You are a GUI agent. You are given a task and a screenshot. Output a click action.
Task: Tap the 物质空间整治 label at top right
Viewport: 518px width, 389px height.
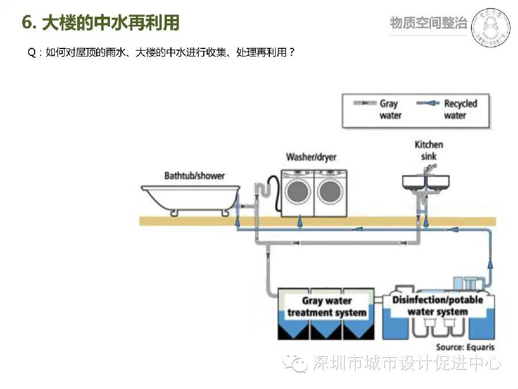[428, 23]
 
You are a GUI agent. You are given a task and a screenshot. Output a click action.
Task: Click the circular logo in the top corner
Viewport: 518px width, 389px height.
[490, 27]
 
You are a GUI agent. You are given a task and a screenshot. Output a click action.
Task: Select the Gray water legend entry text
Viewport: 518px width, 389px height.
[389, 109]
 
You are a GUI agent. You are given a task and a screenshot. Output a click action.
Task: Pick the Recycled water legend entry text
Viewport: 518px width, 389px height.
[460, 109]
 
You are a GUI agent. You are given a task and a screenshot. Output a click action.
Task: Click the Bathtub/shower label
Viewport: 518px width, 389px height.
[194, 175]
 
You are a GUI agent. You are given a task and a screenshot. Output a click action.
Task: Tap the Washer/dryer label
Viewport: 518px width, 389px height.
[311, 157]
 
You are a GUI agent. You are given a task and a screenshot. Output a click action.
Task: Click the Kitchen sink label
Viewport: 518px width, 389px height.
[429, 150]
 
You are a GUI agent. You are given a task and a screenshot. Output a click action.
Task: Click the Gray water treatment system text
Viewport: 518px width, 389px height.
[326, 307]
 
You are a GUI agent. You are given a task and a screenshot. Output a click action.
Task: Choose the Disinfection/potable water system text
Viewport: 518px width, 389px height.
[437, 305]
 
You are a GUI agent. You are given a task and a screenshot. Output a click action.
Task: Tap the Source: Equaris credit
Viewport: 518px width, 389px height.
[464, 347]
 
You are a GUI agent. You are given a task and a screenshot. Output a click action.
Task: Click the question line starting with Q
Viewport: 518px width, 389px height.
[161, 52]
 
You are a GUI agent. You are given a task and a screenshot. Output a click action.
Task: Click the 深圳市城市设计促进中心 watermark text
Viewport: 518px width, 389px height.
[406, 363]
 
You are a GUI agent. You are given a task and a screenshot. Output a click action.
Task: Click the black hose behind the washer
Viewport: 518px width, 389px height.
[277, 193]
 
